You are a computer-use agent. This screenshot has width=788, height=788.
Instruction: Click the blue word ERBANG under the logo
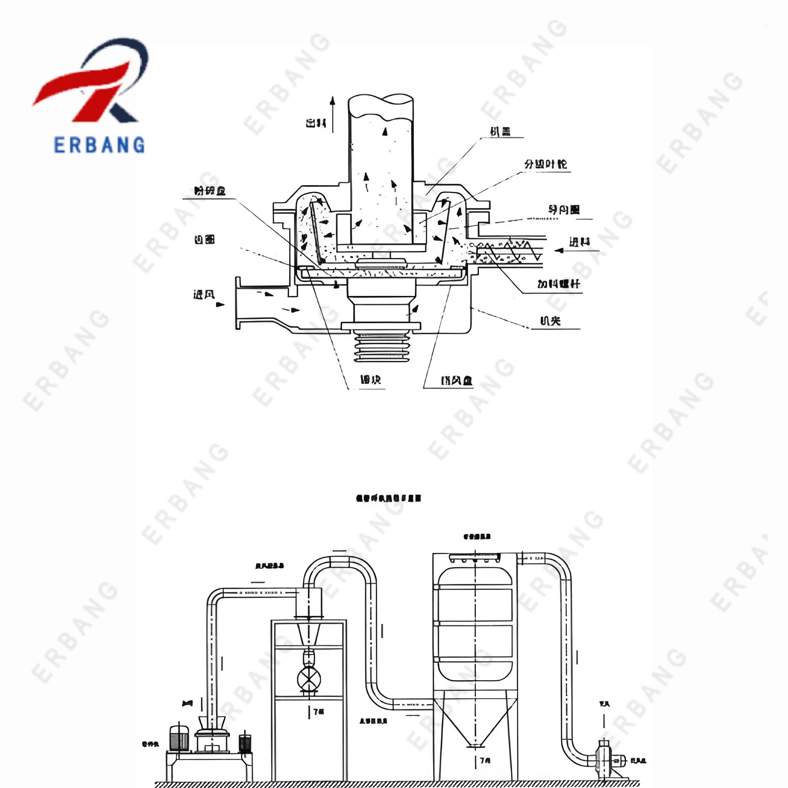coord(99,145)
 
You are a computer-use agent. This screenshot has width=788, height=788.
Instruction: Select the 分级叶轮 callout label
coord(545,165)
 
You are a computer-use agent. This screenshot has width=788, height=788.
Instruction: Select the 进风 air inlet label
coord(204,294)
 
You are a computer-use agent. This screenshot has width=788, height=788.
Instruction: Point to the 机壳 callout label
coord(550,321)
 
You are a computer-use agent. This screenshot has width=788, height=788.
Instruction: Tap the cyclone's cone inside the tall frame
coord(309,635)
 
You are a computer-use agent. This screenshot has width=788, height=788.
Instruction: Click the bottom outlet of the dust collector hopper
coord(476,745)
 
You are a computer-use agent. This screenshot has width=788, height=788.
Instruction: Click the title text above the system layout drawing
coord(388,498)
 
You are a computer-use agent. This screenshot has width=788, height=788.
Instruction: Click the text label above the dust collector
coord(477,537)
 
